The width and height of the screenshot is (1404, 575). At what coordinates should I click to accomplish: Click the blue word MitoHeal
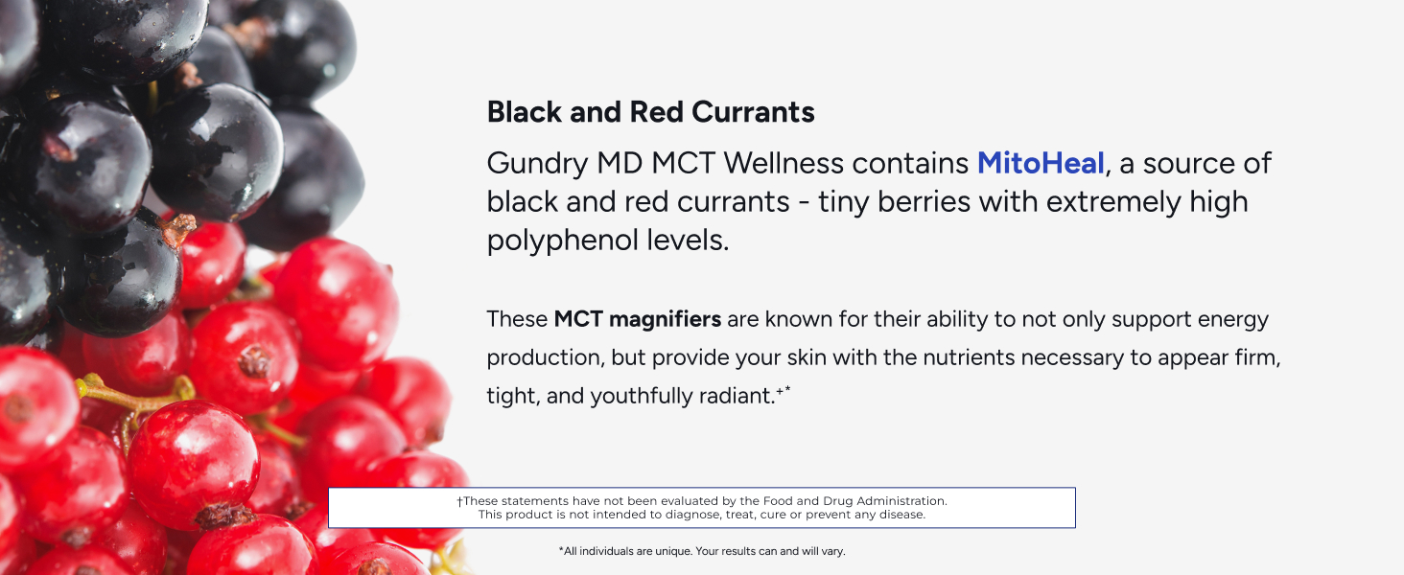(1041, 164)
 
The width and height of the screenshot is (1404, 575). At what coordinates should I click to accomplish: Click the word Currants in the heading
(754, 112)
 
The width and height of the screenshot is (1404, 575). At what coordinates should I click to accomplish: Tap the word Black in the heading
(525, 112)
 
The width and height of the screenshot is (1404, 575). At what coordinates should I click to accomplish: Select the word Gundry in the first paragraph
(538, 165)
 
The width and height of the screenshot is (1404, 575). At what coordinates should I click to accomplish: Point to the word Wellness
(784, 164)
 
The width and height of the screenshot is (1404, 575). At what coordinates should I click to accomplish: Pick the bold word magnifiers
(665, 320)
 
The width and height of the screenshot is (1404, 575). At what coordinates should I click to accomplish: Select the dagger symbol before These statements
(459, 502)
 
